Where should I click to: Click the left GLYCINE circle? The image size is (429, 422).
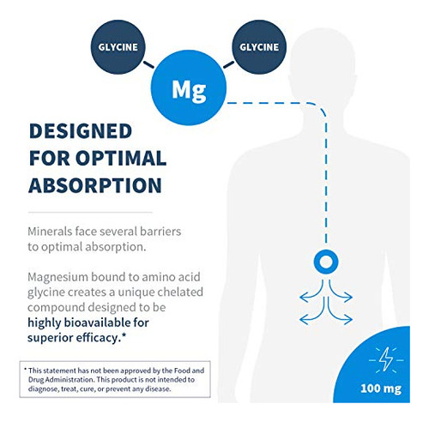(x=118, y=47)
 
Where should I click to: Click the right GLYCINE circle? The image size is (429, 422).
(x=259, y=47)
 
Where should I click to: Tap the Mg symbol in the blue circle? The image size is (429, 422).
(x=189, y=90)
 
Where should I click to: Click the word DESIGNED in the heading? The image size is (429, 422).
(x=81, y=131)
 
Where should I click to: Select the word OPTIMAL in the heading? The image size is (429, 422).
(x=121, y=158)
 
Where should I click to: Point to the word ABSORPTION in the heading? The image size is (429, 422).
(x=95, y=185)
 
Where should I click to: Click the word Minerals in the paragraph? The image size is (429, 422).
(x=50, y=232)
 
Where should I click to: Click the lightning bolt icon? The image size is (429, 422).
(x=386, y=359)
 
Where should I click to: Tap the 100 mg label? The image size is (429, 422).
(x=381, y=389)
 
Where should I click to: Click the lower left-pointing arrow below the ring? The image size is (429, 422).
(x=312, y=315)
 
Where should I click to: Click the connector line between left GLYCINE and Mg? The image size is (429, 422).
(x=148, y=64)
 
